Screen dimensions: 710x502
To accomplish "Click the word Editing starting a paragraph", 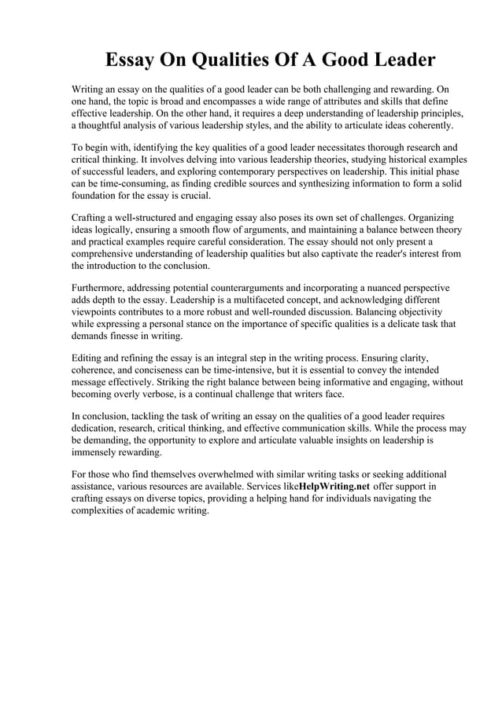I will (x=88, y=357).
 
